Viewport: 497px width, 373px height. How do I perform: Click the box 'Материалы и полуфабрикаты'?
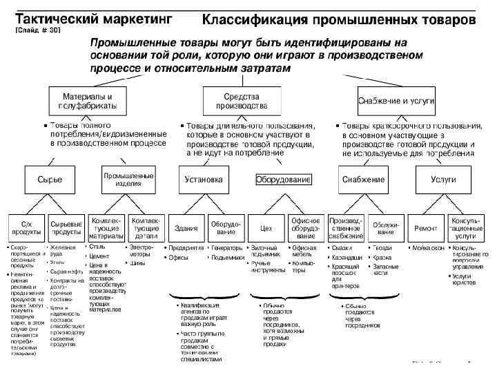[90, 101]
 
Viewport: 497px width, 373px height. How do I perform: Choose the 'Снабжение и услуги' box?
[396, 101]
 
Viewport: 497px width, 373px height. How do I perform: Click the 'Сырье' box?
[54, 180]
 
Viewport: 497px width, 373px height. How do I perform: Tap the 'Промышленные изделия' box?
[128, 180]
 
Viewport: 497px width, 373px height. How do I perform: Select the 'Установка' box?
[204, 180]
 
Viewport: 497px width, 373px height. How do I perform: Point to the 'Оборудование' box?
[284, 180]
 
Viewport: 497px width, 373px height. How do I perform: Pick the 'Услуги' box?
[442, 180]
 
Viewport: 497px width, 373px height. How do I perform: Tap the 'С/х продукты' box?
[25, 228]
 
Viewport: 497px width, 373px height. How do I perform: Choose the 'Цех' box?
[266, 228]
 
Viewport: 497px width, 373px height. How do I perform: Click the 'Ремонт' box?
[425, 228]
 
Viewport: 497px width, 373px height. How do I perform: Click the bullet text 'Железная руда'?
[61, 249]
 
